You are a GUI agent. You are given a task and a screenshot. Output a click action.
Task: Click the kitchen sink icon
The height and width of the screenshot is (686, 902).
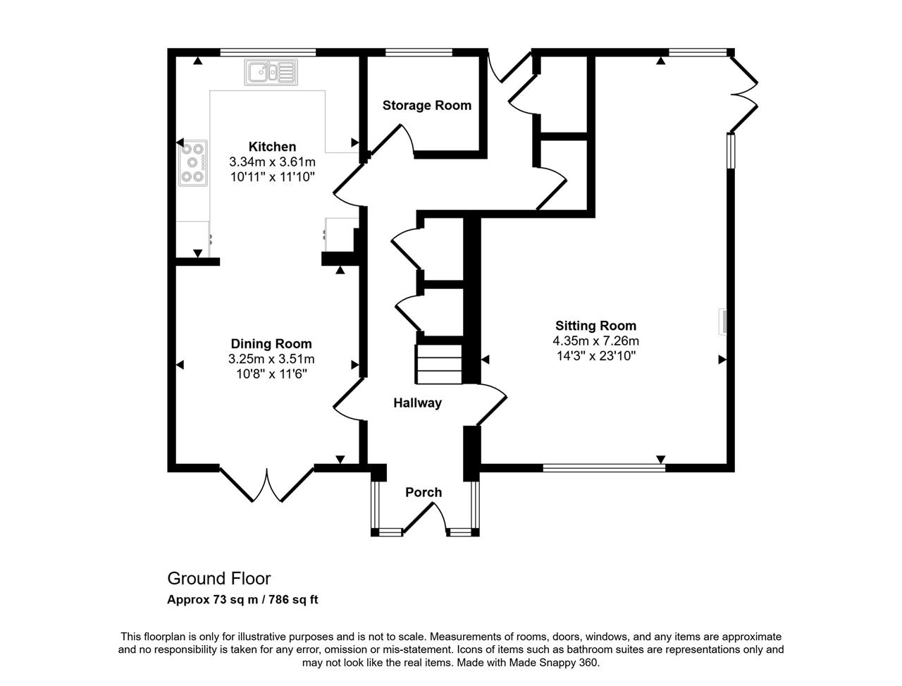pyautogui.click(x=271, y=73)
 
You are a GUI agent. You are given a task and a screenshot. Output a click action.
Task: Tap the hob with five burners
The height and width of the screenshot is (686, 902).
pyautogui.click(x=192, y=163)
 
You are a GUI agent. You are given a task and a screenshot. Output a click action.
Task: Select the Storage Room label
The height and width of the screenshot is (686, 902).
pyautogui.click(x=426, y=106)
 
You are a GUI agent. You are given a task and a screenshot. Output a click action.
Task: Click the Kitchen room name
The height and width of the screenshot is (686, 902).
pyautogui.click(x=272, y=147)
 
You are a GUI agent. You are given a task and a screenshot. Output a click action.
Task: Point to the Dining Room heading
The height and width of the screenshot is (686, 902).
pyautogui.click(x=271, y=343)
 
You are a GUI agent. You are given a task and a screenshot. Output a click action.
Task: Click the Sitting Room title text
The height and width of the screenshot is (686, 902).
pyautogui.click(x=595, y=326)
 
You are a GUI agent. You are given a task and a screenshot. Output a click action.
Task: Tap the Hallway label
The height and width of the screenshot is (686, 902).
pyautogui.click(x=417, y=403)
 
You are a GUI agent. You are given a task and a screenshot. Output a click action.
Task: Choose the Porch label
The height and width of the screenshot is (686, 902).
pyautogui.click(x=424, y=492)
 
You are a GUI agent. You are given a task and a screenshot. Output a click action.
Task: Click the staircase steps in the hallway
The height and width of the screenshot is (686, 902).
pyautogui.click(x=439, y=365)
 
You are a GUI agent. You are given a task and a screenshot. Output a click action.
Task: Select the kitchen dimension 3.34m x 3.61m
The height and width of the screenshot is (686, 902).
pyautogui.click(x=272, y=161)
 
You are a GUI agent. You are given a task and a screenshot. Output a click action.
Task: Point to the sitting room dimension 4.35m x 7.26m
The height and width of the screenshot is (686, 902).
pyautogui.click(x=595, y=341)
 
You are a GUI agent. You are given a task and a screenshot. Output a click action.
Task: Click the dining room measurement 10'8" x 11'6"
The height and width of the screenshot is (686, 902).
pyautogui.click(x=271, y=374)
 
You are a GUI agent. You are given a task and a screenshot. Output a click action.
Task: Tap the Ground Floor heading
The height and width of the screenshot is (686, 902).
pyautogui.click(x=219, y=579)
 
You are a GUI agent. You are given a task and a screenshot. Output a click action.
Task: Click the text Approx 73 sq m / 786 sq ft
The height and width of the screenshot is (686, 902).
pyautogui.click(x=242, y=600)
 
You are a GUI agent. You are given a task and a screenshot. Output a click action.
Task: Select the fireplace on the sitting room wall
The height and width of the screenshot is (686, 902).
pyautogui.click(x=722, y=321)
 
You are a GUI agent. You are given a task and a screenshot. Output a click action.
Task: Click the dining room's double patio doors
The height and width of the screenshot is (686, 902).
pyautogui.click(x=266, y=484)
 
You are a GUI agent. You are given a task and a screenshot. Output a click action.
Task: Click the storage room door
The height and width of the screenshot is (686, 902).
pyautogui.click(x=393, y=140)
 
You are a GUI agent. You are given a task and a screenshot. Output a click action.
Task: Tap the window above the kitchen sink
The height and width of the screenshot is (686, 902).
pyautogui.click(x=268, y=52)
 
